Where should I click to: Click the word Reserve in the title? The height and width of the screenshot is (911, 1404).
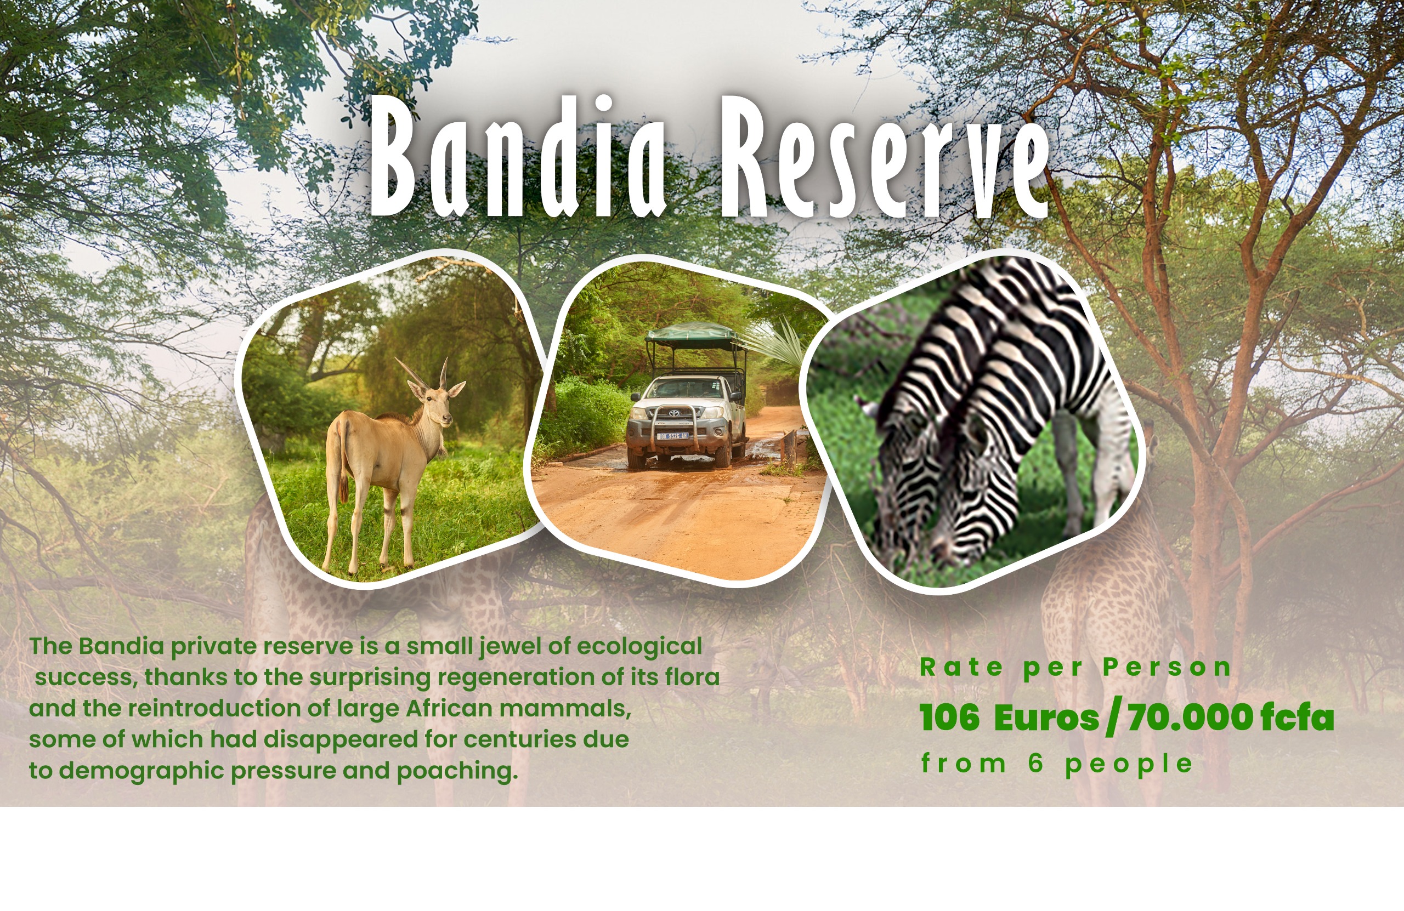885,159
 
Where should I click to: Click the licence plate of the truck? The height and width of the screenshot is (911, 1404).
672,436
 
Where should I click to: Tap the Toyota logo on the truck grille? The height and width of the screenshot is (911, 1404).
673,413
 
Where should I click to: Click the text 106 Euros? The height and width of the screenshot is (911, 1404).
1009,718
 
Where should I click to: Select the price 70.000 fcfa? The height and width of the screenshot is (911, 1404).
1231,718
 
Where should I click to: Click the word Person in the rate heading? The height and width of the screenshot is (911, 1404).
1168,668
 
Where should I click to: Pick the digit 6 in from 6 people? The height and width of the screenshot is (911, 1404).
1037,764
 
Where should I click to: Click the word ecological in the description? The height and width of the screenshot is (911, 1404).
639,647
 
